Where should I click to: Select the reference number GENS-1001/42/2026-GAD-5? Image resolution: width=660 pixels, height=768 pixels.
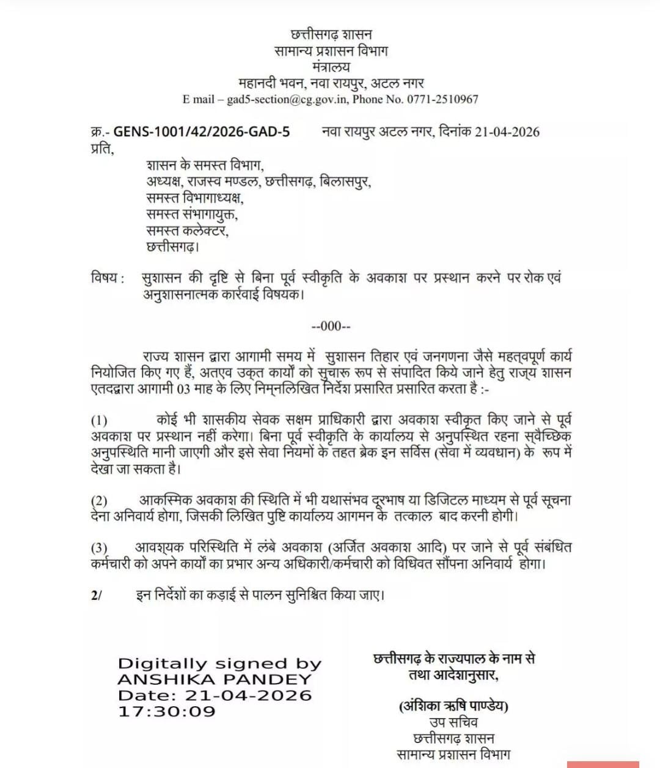(202, 132)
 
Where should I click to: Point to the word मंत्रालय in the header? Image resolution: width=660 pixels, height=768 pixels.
(331, 67)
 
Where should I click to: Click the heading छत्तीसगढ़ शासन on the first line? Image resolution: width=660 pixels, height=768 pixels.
(331, 35)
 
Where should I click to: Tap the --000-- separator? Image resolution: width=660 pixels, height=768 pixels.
(331, 326)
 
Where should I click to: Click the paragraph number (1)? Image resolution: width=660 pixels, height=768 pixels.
(100, 421)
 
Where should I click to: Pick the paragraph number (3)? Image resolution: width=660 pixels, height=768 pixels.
(100, 548)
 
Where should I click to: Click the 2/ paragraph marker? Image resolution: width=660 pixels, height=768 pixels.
(96, 595)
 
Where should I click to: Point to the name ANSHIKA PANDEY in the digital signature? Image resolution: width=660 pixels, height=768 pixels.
(215, 679)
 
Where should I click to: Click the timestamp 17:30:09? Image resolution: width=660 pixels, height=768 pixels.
(167, 711)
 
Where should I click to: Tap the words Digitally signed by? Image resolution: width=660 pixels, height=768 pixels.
(219, 663)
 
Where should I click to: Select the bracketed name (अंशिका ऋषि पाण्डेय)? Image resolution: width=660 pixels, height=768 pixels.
(453, 706)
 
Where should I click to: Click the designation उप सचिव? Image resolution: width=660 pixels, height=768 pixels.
(453, 722)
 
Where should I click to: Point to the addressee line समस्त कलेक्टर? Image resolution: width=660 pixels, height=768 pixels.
(188, 231)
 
